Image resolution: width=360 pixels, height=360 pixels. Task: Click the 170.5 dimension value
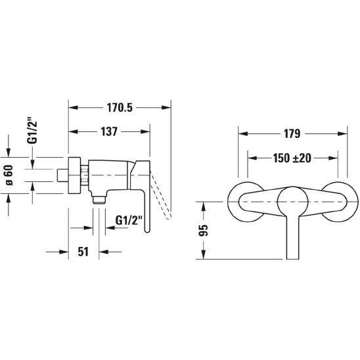[120, 108]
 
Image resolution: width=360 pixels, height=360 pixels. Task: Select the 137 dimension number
[109, 131]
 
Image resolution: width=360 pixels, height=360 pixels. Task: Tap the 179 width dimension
[292, 134]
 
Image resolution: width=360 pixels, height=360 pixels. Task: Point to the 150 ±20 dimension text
[292, 158]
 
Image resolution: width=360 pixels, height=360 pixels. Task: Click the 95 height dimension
[204, 231]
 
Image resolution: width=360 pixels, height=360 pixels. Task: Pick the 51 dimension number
[83, 252]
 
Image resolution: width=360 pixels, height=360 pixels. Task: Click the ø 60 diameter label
[10, 175]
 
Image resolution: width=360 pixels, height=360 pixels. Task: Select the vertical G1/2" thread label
[32, 131]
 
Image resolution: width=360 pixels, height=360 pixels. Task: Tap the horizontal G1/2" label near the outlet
[129, 221]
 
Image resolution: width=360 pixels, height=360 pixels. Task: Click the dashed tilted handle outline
[161, 195]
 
